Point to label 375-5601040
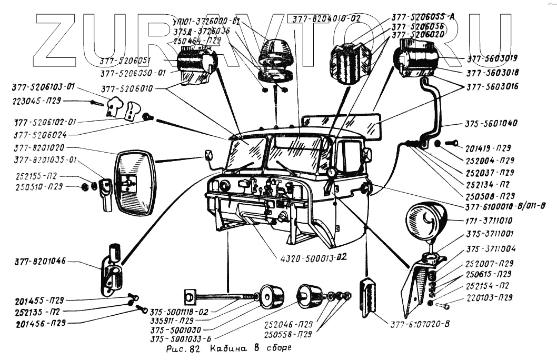pyautogui.click(x=491, y=124)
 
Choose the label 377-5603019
pyautogui.click(x=492, y=58)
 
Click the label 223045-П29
pyautogui.click(x=37, y=99)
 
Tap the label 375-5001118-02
pyautogui.click(x=179, y=311)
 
